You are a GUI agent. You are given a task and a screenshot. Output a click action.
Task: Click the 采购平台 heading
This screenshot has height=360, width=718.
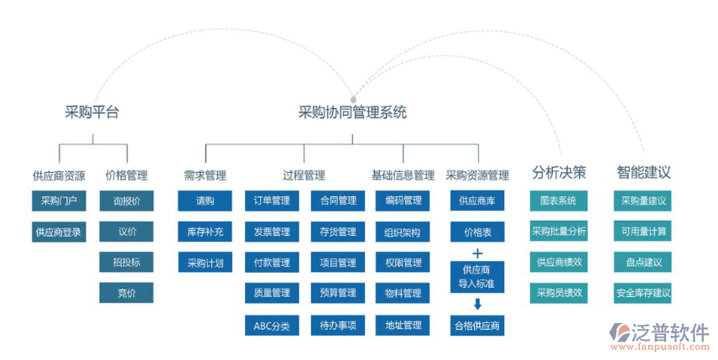pyautogui.click(x=92, y=112)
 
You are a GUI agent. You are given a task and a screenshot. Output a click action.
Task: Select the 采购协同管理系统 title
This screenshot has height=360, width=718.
pyautogui.click(x=352, y=112)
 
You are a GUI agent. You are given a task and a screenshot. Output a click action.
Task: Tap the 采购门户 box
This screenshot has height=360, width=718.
pyautogui.click(x=59, y=201)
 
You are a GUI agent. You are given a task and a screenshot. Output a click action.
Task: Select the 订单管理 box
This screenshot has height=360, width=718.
pyautogui.click(x=272, y=201)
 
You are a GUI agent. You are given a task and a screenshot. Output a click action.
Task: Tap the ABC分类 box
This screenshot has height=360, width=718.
pyautogui.click(x=272, y=326)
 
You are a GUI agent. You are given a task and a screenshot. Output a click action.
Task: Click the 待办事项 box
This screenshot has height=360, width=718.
pyautogui.click(x=338, y=326)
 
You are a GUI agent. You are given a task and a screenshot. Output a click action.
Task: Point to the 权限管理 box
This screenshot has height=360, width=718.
pyautogui.click(x=403, y=263)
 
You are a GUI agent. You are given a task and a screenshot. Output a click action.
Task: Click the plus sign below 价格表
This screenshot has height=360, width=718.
pyautogui.click(x=477, y=253)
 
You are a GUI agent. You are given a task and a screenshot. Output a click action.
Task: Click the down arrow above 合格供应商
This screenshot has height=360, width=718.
pyautogui.click(x=477, y=305)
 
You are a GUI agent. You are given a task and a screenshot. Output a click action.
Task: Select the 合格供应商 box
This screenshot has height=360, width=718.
pyautogui.click(x=477, y=326)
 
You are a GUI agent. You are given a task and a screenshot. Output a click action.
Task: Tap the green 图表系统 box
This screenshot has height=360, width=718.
pyautogui.click(x=559, y=201)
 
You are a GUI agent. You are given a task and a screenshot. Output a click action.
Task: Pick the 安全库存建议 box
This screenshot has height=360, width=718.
pyautogui.click(x=643, y=294)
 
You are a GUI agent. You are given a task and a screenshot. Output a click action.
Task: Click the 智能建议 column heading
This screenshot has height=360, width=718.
pyautogui.click(x=643, y=173)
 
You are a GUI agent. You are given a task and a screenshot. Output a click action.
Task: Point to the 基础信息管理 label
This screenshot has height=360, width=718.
pyautogui.click(x=403, y=175)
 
